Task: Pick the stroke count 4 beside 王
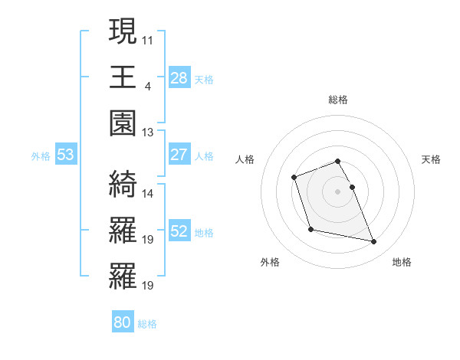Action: (148, 85)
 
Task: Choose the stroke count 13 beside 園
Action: (148, 133)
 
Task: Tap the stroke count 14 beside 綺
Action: (148, 193)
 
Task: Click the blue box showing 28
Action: (179, 78)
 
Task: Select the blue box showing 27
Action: (179, 155)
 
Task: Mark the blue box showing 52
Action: (179, 232)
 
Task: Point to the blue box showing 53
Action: (66, 155)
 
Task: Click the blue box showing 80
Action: (123, 322)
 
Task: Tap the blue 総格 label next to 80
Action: (147, 324)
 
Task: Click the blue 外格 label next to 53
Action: (41, 156)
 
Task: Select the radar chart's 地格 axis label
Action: (402, 262)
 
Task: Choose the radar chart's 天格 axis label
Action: (432, 159)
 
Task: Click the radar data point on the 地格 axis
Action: (374, 242)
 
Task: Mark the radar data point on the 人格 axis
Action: (294, 178)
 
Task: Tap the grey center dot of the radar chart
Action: (337, 191)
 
